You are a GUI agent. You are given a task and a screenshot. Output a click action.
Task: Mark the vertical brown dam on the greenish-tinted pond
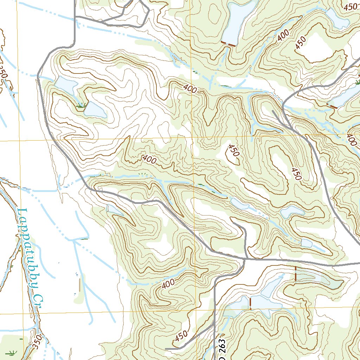pyautogui.click(x=295, y=274)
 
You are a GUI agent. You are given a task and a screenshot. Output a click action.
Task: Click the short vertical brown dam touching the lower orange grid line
pyautogui.click(x=250, y=303)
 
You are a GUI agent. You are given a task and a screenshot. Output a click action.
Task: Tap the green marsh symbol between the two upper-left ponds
pyautogui.click(x=82, y=104)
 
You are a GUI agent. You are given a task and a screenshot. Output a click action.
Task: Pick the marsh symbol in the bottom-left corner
pyautogui.click(x=13, y=352)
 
